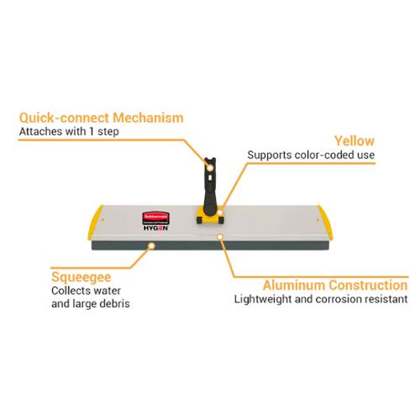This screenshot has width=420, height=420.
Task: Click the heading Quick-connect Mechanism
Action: [102, 118]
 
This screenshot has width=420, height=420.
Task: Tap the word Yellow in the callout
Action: [354, 141]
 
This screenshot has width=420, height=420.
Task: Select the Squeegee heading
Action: [81, 278]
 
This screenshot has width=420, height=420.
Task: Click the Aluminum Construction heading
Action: [335, 286]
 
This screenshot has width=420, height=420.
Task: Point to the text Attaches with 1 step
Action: [69, 131]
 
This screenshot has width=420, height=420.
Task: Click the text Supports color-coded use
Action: [311, 155]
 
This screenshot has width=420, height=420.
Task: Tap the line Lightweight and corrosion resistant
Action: [321, 299]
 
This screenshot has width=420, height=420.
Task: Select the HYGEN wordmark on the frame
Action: [155, 228]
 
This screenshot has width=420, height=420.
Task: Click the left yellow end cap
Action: [95, 223]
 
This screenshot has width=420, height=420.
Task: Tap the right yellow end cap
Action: [325, 223]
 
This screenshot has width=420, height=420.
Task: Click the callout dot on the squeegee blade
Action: [151, 246]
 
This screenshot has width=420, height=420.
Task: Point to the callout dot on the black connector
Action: [210, 168]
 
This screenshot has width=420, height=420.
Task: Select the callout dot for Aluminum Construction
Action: [220, 237]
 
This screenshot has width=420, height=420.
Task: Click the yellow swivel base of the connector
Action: [210, 217]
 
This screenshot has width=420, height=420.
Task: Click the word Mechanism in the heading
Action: [148, 118]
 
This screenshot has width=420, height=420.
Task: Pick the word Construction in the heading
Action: [369, 286]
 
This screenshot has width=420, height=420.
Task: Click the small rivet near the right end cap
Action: [318, 220]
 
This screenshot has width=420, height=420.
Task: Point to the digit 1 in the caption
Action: [92, 131]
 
